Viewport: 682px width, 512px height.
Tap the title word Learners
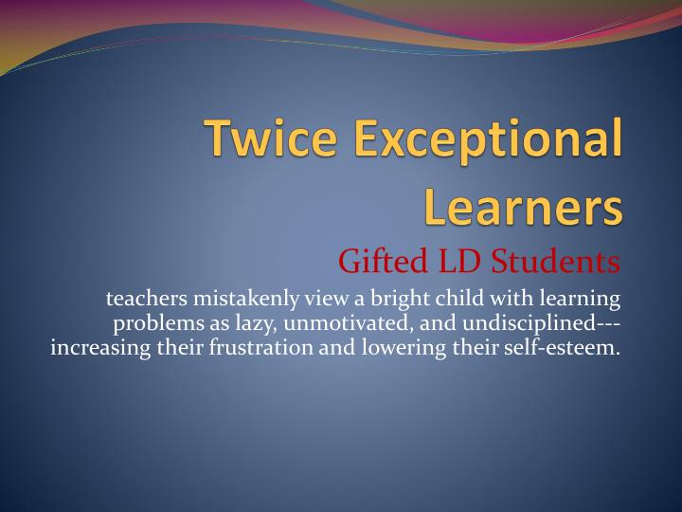coord(524,208)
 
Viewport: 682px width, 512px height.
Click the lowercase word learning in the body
coord(577,300)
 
